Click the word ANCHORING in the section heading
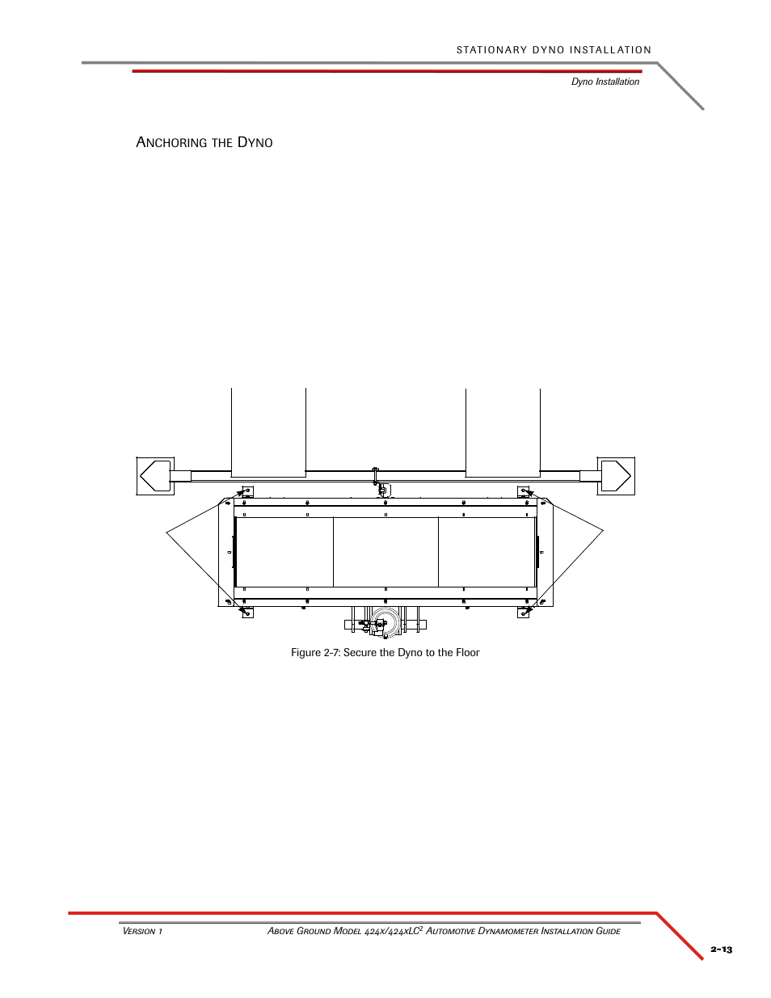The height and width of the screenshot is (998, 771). click(171, 142)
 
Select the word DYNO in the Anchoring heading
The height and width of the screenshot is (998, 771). click(255, 142)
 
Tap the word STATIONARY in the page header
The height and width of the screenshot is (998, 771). click(491, 50)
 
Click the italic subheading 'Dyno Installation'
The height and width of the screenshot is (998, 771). click(605, 82)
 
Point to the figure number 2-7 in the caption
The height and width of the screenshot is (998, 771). click(331, 653)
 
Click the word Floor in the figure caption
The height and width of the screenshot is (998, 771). click(467, 653)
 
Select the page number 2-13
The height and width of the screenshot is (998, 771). click(722, 950)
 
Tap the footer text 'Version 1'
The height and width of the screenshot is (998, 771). click(142, 931)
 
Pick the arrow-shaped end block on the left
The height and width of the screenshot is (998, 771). click(155, 476)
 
